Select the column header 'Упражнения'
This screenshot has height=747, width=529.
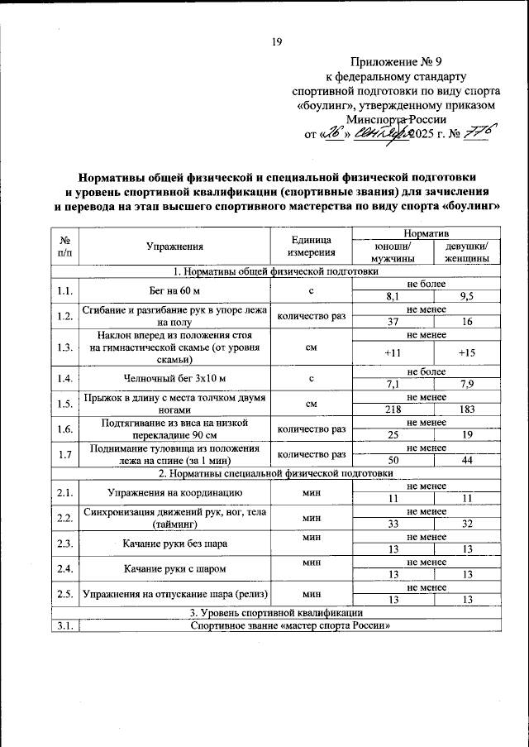point(174,246)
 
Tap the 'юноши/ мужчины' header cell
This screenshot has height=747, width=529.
point(393,252)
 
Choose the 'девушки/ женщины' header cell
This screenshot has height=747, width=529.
point(466,252)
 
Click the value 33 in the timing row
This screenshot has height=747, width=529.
point(393,524)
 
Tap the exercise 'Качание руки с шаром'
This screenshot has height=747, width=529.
point(174,569)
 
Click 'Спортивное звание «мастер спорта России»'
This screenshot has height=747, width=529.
point(288,625)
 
